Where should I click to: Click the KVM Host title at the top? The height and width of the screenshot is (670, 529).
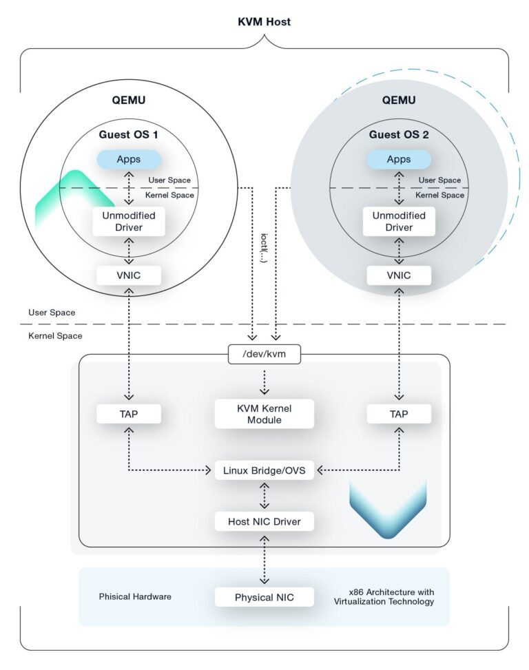[x=264, y=21]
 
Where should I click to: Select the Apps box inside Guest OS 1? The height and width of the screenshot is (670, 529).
[x=129, y=159]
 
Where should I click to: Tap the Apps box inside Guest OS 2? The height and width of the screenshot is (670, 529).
[x=399, y=159]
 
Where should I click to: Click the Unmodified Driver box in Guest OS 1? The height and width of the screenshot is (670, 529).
[x=129, y=221]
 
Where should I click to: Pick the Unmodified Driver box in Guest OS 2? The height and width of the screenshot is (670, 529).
[x=399, y=221]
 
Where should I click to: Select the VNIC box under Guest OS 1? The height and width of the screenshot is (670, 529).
[x=129, y=275]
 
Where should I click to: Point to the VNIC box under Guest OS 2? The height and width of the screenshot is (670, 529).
[x=399, y=275]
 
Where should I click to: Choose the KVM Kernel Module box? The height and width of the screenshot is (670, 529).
[x=264, y=414]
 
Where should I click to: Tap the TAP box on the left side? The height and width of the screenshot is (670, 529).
[x=129, y=414]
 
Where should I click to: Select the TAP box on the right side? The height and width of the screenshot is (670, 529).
[x=399, y=414]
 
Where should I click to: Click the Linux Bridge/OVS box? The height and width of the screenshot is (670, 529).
[x=264, y=472]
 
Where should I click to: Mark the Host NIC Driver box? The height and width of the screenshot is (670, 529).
[x=264, y=521]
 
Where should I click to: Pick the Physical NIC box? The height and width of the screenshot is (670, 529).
[x=264, y=597]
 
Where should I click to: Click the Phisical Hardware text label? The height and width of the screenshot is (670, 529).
[x=135, y=596]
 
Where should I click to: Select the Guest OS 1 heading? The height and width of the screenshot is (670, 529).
[x=129, y=134]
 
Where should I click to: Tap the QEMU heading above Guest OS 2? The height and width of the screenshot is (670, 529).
[x=399, y=100]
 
